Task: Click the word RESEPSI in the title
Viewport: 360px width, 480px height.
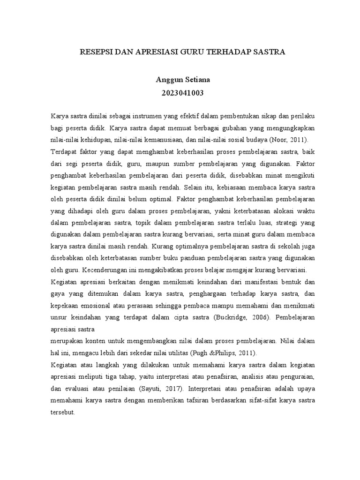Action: (95, 52)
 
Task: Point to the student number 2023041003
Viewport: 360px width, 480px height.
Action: (180, 92)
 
